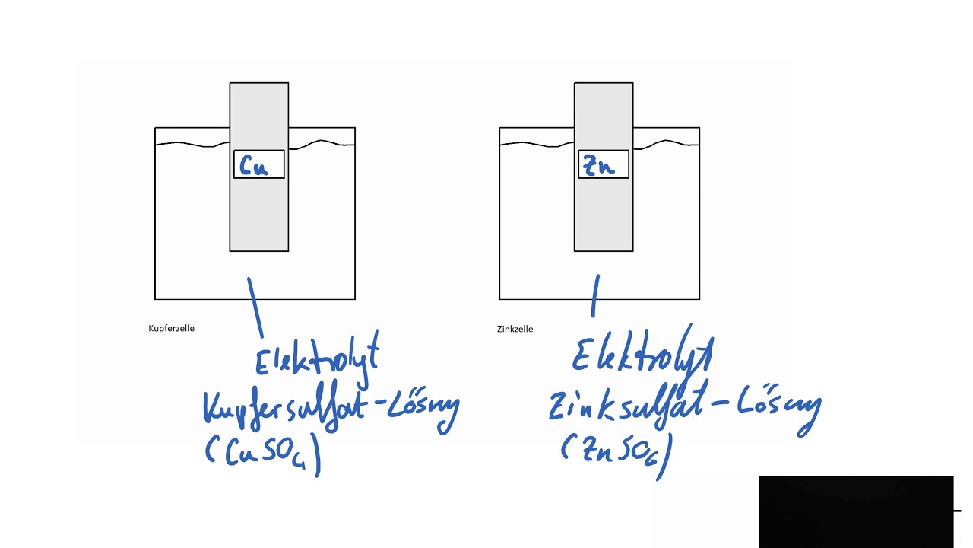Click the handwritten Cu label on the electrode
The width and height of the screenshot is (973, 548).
coord(254,166)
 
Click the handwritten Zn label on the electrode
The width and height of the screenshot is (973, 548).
coord(599,166)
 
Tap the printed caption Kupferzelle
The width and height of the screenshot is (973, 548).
coord(172,328)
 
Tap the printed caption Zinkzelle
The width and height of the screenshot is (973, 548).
coord(515,329)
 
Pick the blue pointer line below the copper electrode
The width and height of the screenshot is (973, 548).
coord(255,307)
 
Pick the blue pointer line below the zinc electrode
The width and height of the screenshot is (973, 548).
coord(595,296)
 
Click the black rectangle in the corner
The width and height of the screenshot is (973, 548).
coord(856,511)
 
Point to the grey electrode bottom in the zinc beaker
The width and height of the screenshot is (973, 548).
coord(604,221)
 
